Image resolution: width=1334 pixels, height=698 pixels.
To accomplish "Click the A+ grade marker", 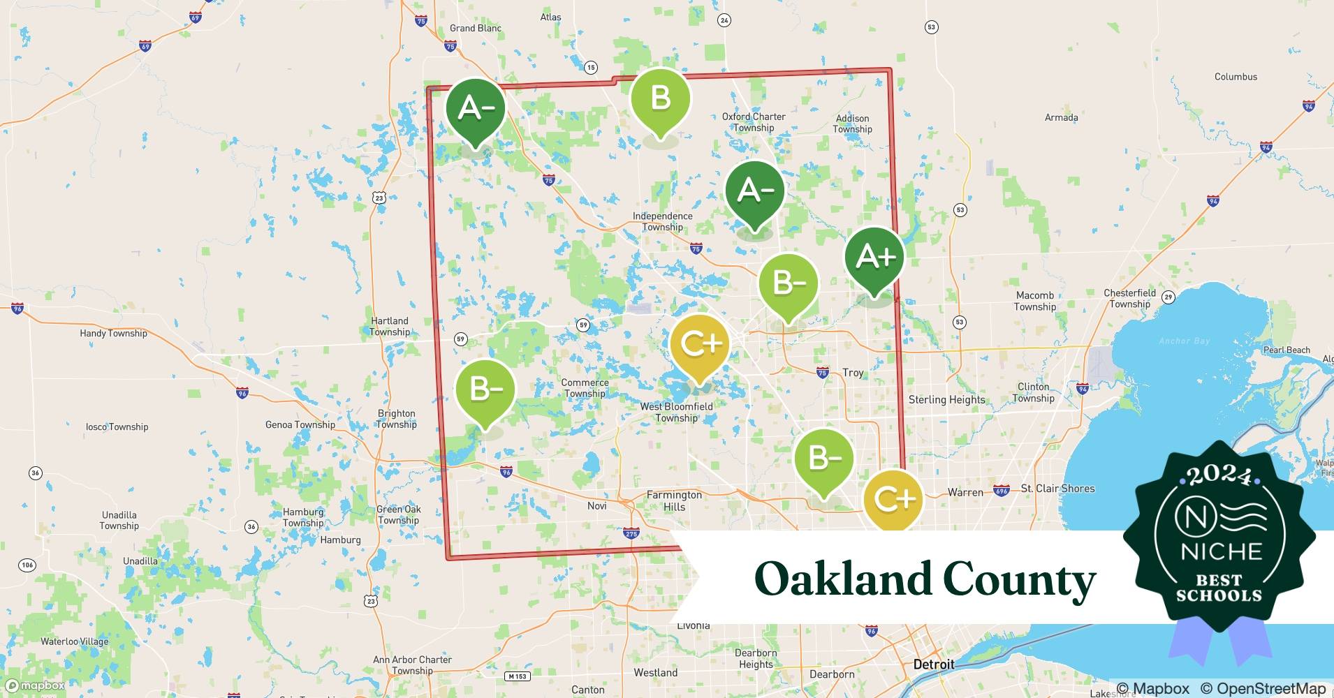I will (x=874, y=257).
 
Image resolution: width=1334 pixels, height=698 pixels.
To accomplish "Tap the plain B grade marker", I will (x=660, y=98).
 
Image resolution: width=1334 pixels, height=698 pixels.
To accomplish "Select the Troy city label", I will (x=853, y=373).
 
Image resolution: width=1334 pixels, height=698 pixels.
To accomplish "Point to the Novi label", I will (x=596, y=505).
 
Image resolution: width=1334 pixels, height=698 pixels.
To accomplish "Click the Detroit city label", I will (x=933, y=664).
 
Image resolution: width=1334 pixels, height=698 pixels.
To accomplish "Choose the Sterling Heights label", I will (x=946, y=399).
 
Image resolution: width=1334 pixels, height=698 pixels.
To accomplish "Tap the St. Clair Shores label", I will (x=1057, y=489).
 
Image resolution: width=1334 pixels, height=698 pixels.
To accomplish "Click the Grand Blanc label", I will (x=475, y=28).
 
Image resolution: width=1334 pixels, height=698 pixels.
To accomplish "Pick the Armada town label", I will (x=1061, y=117).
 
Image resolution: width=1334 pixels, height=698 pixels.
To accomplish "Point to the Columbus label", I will (x=1236, y=77).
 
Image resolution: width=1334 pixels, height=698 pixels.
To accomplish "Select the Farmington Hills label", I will (x=674, y=500).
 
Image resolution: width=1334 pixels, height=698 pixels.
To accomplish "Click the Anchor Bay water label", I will (x=1184, y=341).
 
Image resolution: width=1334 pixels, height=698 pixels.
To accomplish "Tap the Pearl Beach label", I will (x=1287, y=350).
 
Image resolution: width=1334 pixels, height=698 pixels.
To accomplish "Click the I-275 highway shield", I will (x=630, y=533).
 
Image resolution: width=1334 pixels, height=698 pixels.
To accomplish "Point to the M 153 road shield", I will (x=517, y=676).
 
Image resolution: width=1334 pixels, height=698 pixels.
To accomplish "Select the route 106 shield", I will (x=27, y=565).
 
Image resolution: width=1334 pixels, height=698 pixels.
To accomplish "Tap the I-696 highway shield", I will (x=1001, y=491).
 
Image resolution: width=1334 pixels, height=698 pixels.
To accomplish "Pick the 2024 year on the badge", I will (x=1219, y=476).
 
